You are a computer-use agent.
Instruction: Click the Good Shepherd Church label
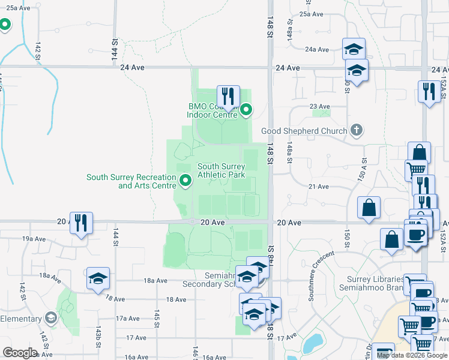(304, 131)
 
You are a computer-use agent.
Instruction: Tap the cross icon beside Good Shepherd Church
(357, 130)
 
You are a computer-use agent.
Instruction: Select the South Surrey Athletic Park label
(221, 171)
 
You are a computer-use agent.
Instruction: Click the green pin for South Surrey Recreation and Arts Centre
(185, 179)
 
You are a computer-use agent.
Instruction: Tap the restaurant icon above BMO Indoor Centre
(228, 96)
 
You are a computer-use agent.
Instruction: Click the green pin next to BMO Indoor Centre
(246, 110)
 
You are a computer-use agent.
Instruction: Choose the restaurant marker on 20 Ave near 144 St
(81, 223)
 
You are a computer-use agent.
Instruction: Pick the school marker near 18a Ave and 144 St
(98, 278)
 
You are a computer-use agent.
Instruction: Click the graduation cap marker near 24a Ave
(354, 49)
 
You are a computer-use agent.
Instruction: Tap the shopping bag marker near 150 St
(369, 208)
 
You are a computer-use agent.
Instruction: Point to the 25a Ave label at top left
(16, 8)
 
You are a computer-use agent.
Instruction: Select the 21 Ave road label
(318, 187)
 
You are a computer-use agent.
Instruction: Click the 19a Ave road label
(35, 239)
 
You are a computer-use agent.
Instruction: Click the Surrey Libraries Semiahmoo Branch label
(375, 284)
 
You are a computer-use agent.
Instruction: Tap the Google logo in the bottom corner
(20, 352)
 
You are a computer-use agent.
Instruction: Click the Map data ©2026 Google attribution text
(411, 355)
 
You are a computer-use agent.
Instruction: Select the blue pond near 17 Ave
(313, 344)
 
